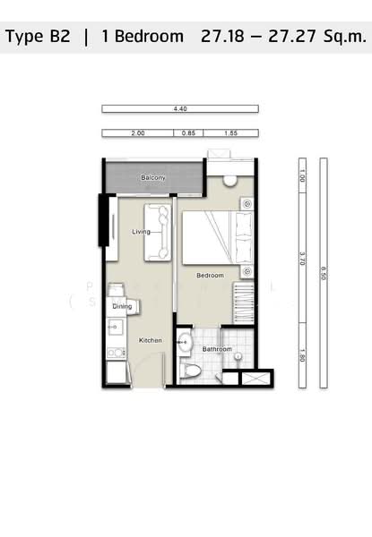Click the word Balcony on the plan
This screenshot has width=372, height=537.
click(153, 178)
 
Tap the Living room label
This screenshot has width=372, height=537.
click(141, 232)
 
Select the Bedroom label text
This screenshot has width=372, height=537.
click(211, 275)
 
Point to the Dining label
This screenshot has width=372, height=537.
click(123, 307)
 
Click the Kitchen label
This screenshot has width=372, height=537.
click(150, 341)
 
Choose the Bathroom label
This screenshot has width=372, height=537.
click(217, 349)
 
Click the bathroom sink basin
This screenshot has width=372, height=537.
click(184, 339)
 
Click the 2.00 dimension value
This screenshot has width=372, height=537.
click(137, 133)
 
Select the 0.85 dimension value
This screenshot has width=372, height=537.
click(187, 133)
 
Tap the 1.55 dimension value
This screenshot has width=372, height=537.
click(230, 133)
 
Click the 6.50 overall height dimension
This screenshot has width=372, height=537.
click(324, 271)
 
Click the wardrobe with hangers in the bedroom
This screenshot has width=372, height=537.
click(243, 303)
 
